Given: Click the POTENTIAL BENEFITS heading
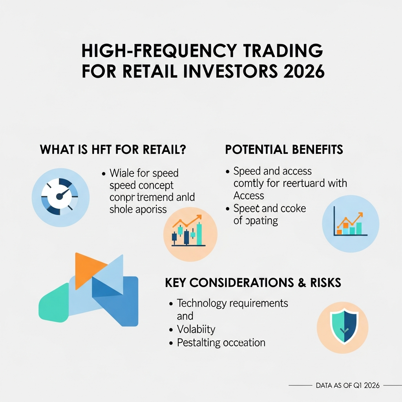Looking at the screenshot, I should click(284, 150).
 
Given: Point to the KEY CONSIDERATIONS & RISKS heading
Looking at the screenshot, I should click(253, 282).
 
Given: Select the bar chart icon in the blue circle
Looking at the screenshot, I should click(350, 224).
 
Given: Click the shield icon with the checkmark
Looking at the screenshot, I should click(342, 327).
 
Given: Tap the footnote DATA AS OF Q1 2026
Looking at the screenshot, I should click(347, 386).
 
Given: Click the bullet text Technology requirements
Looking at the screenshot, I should click(232, 303).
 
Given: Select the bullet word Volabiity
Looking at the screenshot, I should click(196, 329).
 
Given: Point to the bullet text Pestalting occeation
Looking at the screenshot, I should click(221, 342).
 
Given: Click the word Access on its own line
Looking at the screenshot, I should click(249, 195).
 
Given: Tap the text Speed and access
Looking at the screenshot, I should click(272, 171).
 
